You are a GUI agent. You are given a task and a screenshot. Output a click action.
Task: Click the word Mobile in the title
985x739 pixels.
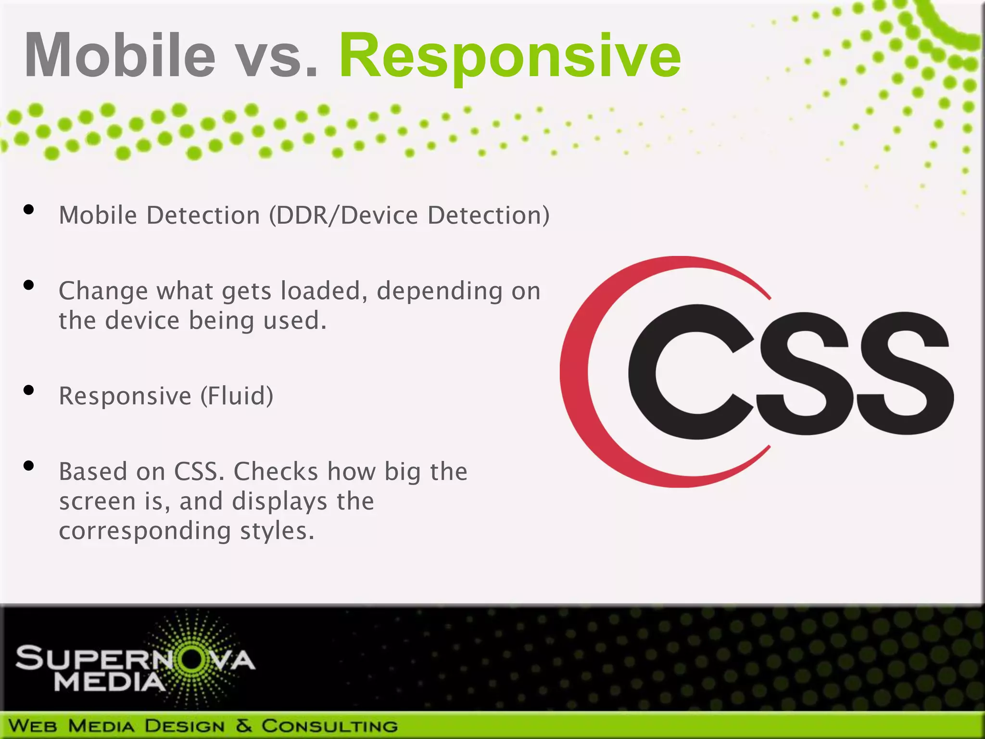pos(120,55)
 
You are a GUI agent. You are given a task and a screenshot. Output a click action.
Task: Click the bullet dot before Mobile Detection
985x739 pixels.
pos(29,209)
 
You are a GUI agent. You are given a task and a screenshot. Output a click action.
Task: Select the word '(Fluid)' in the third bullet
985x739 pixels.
pos(237,396)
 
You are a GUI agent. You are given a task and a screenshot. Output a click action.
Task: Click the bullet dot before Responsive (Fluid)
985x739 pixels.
pos(29,390)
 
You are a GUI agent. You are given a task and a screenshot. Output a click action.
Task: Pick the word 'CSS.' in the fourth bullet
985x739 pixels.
pos(199,471)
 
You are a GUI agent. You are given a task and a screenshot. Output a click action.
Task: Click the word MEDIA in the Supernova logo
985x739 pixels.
pos(110,682)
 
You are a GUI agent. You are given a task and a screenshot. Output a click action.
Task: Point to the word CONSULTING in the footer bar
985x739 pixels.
pos(329,726)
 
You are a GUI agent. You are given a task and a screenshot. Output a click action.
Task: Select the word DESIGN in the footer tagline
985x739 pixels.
pos(185,726)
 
